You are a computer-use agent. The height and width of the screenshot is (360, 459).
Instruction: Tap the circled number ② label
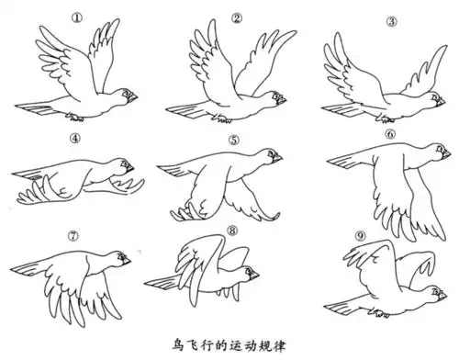[237, 17]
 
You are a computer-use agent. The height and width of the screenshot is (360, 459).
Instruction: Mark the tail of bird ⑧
[162, 281]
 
